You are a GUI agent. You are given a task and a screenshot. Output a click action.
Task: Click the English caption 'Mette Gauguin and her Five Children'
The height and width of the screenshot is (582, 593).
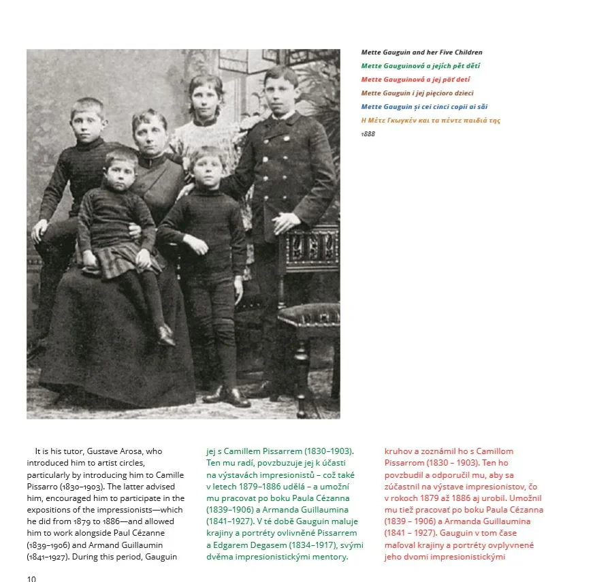421,52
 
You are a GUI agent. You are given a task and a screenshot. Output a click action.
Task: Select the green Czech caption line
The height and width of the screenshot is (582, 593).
421,66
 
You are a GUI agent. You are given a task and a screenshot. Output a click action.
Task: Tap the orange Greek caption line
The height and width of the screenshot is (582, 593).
430,120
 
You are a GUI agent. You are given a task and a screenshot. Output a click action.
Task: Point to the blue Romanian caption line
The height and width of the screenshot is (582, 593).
424,107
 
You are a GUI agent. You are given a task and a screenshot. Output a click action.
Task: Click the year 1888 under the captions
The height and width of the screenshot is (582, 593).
368,134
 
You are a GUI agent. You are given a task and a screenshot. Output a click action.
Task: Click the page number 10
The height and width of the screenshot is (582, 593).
31,578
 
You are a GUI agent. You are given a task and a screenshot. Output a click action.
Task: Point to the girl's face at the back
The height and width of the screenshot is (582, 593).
206,97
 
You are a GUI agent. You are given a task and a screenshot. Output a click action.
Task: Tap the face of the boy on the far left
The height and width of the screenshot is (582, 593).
89,120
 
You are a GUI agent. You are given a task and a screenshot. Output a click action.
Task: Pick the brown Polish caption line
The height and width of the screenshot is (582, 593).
417,93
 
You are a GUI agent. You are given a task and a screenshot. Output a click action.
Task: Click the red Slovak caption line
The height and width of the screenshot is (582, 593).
416,80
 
